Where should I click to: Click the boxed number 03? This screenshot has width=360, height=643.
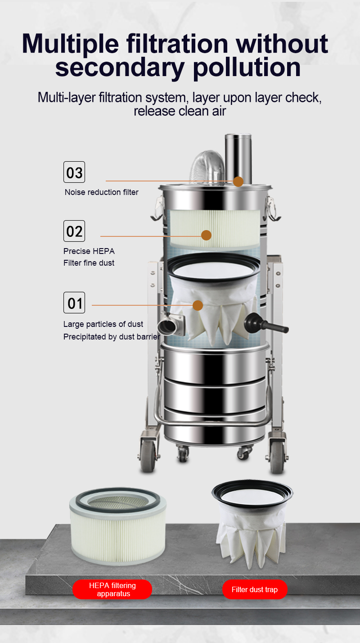tap(74, 172)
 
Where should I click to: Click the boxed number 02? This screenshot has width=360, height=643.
tap(74, 231)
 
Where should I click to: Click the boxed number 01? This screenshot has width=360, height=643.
tap(74, 303)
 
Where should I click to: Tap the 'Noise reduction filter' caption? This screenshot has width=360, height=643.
tap(102, 192)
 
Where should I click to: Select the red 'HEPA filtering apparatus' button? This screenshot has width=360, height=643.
tap(112, 589)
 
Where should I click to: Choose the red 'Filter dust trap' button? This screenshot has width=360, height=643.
tap(255, 589)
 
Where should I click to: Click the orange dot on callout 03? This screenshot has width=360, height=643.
tap(238, 181)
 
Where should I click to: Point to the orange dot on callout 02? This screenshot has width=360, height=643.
tap(206, 235)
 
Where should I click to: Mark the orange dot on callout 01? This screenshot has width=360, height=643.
tap(198, 305)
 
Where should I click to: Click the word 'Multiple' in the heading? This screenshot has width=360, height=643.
tap(70, 45)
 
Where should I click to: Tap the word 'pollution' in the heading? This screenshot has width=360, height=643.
tap(247, 68)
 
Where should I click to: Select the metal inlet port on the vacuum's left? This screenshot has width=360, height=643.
tap(171, 325)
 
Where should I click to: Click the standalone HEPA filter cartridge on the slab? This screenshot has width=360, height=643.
tap(118, 526)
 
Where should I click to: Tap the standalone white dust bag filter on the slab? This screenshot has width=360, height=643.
tap(252, 524)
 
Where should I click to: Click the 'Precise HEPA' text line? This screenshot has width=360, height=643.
tap(89, 251)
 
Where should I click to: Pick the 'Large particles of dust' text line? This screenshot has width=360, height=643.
tap(103, 324)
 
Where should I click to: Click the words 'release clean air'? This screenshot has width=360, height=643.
tap(180, 111)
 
